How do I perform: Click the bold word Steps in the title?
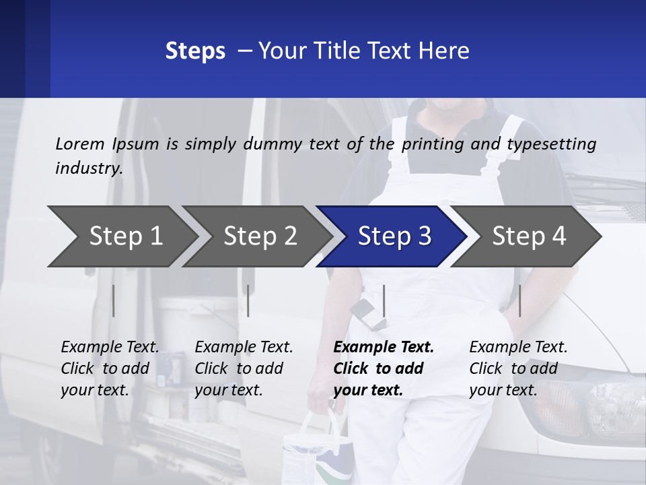195,51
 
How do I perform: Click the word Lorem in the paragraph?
80,143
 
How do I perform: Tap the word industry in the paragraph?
89,168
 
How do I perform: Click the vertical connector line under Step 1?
114,300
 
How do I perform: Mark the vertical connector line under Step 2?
248,300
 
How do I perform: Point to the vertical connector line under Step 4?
519,300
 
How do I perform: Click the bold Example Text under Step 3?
384,348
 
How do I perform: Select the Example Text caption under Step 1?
110,348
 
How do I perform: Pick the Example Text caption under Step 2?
244,348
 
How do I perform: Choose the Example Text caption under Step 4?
518,348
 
